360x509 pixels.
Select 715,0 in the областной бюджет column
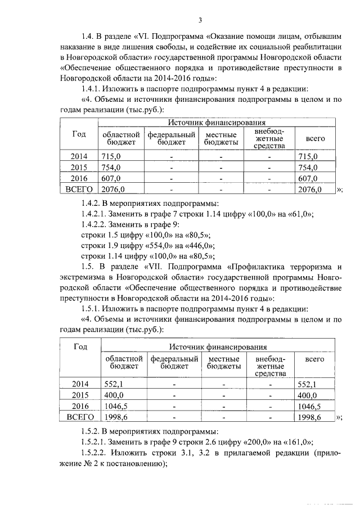pyautogui.click(x=111, y=156)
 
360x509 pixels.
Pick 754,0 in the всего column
pyautogui.click(x=308, y=167)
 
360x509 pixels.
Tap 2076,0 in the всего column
pyautogui.click(x=309, y=190)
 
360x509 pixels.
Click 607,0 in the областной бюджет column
pyautogui.click(x=111, y=178)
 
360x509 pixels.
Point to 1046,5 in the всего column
pyautogui.click(x=309, y=407)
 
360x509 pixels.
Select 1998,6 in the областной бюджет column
pyautogui.click(x=116, y=418)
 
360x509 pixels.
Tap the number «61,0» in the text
pyautogui.click(x=298, y=213)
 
